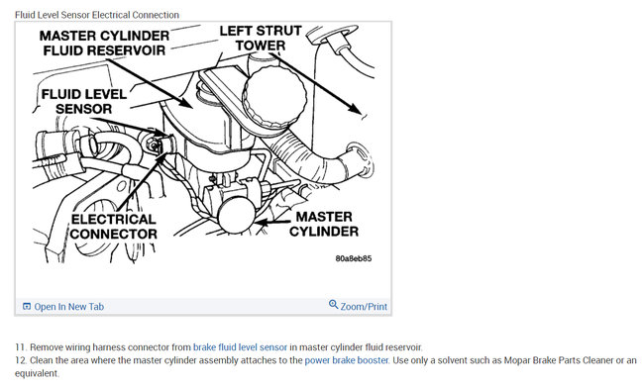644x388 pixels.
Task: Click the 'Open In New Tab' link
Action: tap(68, 307)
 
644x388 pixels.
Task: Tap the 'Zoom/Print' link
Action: tap(364, 307)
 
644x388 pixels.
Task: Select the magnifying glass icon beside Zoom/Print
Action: tap(333, 305)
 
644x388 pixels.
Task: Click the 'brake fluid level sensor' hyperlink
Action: tap(240, 347)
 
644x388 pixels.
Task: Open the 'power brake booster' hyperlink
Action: tap(346, 360)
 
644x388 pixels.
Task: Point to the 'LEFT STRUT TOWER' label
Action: tap(261, 38)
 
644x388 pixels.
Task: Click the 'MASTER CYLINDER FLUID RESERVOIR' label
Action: tap(104, 43)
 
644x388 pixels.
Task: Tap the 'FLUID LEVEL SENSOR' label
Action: tap(84, 101)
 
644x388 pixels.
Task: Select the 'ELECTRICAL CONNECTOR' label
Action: tap(113, 226)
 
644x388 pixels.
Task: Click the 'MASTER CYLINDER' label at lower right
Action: tap(324, 224)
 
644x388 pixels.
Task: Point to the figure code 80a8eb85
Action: tap(354, 258)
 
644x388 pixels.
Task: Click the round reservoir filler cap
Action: tap(274, 96)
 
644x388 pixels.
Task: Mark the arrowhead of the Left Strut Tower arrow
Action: tap(354, 108)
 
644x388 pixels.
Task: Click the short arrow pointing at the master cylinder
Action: tap(273, 222)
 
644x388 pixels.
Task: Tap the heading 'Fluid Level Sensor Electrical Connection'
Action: tap(97, 15)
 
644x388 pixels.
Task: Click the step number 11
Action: tap(20, 347)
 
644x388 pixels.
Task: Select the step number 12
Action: tap(20, 360)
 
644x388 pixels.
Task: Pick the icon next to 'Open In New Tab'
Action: tap(27, 307)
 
